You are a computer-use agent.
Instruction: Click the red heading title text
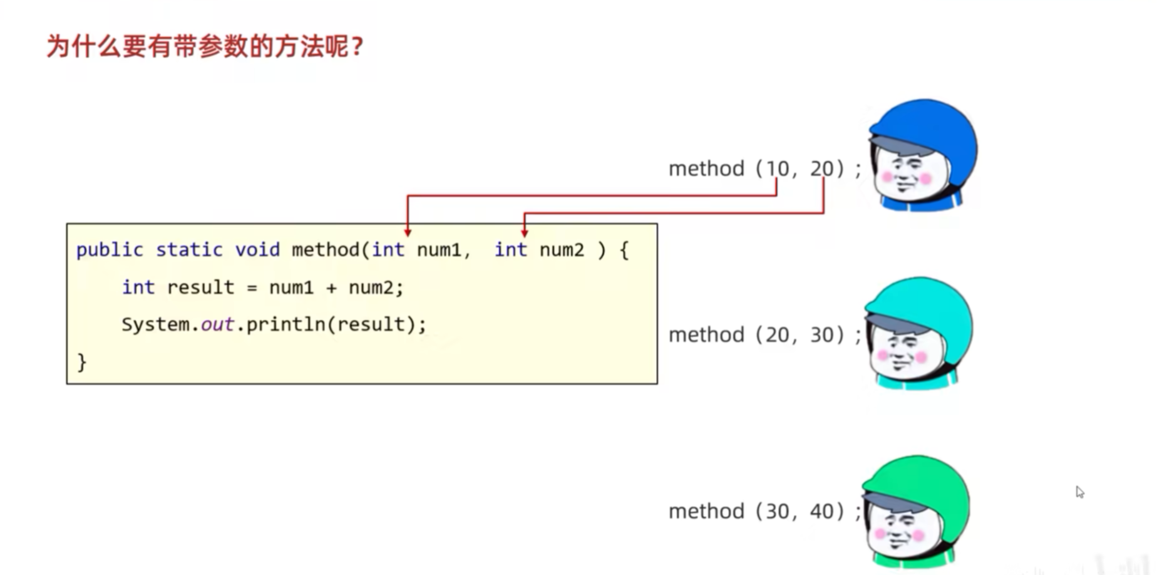click(205, 46)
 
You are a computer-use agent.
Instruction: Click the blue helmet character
click(922, 154)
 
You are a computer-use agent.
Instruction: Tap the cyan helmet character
click(918, 333)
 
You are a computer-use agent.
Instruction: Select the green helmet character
click(915, 511)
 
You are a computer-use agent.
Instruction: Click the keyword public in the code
click(110, 250)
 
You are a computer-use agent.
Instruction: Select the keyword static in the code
click(189, 250)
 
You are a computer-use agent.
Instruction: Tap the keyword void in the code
click(257, 250)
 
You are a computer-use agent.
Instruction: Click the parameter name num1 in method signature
click(439, 250)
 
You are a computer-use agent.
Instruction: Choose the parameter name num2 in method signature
click(562, 250)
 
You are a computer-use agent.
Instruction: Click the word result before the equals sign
click(200, 287)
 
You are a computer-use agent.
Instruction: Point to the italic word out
click(217, 324)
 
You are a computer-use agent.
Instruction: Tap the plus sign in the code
click(331, 288)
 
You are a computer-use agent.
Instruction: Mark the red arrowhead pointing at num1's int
click(408, 233)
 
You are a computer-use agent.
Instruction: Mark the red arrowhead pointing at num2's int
click(524, 233)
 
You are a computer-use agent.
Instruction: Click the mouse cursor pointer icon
click(1080, 492)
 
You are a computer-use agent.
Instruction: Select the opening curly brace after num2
click(624, 250)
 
